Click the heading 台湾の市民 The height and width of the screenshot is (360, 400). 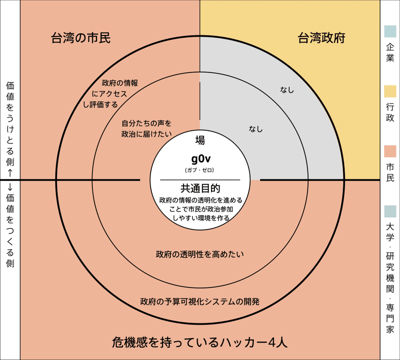80,37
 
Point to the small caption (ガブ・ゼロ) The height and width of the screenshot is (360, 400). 200,170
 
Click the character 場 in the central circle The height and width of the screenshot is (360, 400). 200,140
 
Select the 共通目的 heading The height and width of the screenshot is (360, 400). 200,188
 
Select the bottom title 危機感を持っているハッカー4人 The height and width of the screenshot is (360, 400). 199,342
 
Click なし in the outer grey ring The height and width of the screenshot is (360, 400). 287,90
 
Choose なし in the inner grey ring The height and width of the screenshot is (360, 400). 255,128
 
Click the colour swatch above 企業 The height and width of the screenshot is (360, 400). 390,31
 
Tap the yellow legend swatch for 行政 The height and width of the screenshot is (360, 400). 390,91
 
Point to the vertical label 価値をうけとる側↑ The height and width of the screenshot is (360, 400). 9,129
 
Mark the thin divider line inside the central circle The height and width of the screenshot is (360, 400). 200,179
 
